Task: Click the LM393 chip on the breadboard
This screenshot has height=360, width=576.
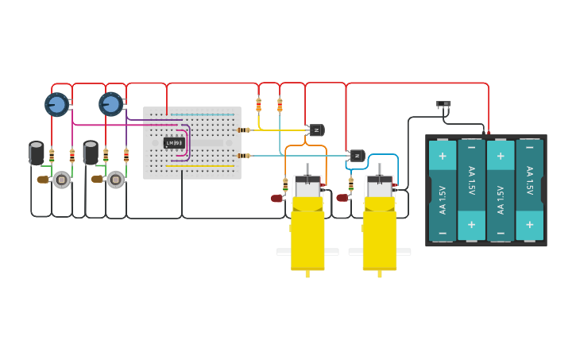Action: pos(174,143)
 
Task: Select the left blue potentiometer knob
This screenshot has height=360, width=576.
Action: pos(56,104)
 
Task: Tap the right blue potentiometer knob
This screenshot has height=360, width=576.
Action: pos(110,104)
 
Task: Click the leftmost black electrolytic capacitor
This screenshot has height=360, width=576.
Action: pos(37,153)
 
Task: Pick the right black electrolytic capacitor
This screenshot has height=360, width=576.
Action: pos(91,153)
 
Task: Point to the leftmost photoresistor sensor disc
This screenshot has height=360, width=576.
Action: pos(61,180)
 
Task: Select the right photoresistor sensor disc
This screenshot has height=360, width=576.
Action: pos(115,180)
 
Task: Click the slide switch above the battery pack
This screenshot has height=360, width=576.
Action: pos(443,104)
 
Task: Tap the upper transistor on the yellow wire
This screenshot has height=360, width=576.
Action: pos(316,130)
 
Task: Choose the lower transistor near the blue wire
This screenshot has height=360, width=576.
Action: pos(357,156)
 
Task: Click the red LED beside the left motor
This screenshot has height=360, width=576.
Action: pos(276,199)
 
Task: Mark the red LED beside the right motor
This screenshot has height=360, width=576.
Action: pos(342,198)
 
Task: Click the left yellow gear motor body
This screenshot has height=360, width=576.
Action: pos(307,234)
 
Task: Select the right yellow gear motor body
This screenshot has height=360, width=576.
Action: pos(380,234)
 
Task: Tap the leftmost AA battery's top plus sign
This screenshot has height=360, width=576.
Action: pos(443,156)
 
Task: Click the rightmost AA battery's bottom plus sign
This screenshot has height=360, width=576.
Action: pos(529,225)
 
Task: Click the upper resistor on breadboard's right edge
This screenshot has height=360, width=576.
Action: pos(244,130)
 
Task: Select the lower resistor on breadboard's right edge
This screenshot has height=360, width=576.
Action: pos(244,156)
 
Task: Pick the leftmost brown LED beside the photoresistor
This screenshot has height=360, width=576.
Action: pos(43,180)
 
